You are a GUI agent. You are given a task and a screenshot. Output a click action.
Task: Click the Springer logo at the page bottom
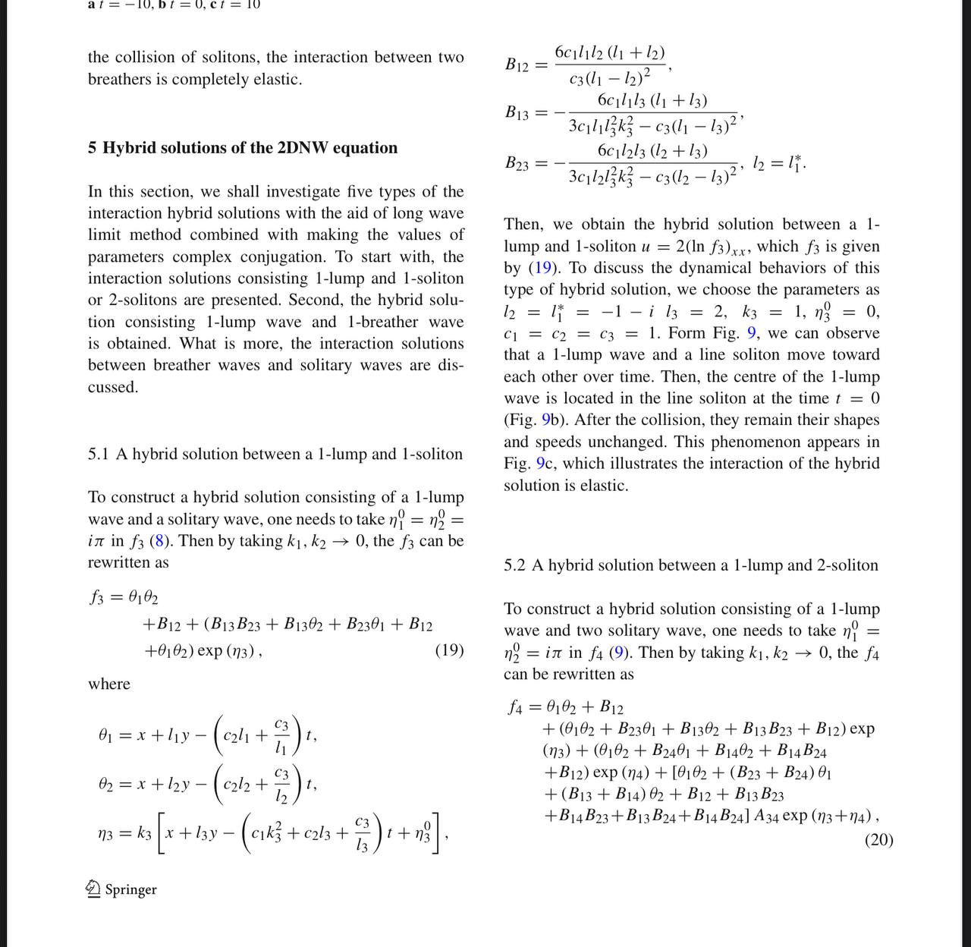point(122,889)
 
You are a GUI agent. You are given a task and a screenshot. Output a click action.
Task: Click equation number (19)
point(449,650)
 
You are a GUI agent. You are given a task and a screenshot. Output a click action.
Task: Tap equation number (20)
point(878,840)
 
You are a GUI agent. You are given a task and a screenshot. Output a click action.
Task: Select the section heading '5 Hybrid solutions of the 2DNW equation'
point(243,148)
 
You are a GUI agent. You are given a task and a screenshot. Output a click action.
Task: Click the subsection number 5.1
point(99,455)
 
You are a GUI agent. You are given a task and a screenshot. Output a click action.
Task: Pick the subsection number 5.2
point(514,565)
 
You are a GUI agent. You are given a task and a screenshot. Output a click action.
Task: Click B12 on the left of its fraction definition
point(517,64)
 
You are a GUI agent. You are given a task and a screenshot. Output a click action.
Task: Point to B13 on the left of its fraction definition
point(517,113)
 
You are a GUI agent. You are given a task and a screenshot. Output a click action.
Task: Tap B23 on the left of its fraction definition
point(517,163)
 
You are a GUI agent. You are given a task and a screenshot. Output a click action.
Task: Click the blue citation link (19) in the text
point(542,268)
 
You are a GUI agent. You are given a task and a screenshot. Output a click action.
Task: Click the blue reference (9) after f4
point(619,653)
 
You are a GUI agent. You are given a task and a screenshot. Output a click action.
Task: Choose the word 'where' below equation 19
point(108,684)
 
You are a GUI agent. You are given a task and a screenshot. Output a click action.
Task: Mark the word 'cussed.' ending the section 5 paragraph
point(113,387)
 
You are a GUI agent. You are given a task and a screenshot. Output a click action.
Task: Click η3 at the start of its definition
point(108,832)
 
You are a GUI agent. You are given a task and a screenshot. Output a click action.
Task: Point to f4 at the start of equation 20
point(516,708)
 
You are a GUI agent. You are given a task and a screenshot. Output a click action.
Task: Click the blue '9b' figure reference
point(551,420)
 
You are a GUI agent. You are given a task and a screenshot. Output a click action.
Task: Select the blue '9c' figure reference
point(545,464)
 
